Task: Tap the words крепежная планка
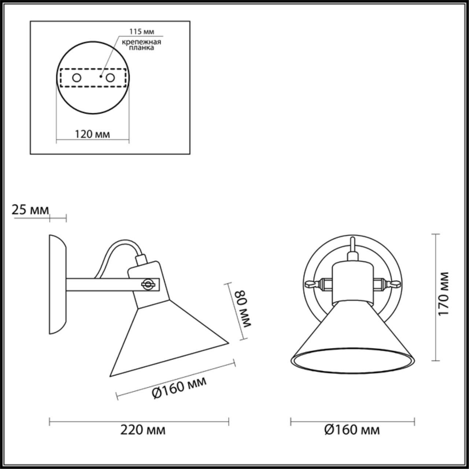point(141,45)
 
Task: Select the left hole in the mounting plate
point(77,78)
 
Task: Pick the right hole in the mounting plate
point(110,78)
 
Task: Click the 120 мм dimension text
point(92,134)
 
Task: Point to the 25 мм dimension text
point(30,210)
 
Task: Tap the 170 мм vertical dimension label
point(444,294)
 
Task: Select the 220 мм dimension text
point(143,429)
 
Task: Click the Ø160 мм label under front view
point(352,429)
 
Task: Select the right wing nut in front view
point(394,284)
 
